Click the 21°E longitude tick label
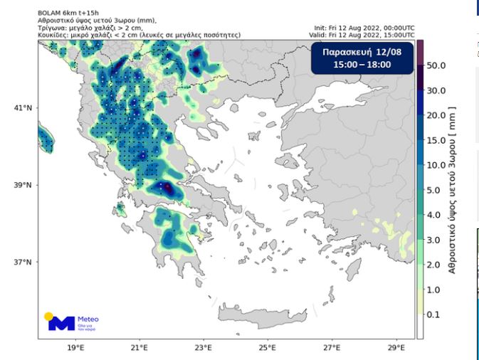(140, 349)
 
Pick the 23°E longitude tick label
(203, 349)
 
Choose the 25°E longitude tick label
(267, 349)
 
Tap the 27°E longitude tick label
(331, 349)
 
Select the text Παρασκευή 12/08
(363, 52)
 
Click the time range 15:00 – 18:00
(363, 65)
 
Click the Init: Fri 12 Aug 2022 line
(363, 28)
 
